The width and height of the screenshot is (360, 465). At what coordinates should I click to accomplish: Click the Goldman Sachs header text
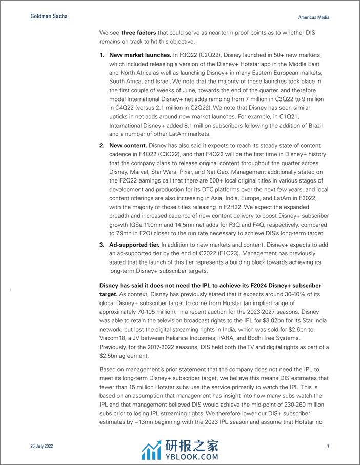pos(45,16)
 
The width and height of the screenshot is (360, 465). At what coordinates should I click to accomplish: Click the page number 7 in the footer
pos(328,447)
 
